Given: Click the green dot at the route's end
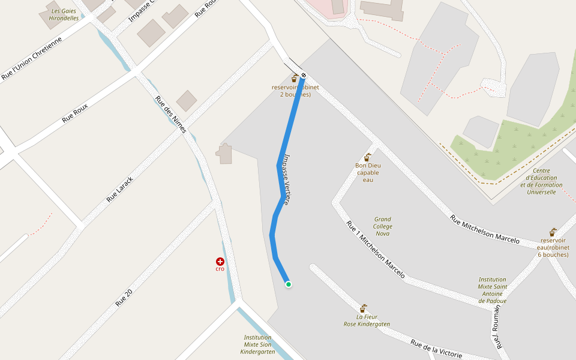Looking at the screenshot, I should (x=289, y=284).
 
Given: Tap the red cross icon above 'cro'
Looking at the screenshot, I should (x=220, y=261).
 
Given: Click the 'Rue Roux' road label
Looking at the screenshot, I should (x=75, y=113).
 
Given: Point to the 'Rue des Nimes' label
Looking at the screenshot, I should (x=171, y=114).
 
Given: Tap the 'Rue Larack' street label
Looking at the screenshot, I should (x=119, y=189).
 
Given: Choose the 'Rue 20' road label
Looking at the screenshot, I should (x=124, y=296).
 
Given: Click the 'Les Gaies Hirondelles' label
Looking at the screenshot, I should (x=64, y=14).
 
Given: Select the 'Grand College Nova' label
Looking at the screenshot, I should (x=382, y=226).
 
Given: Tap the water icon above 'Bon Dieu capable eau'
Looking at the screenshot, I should (x=368, y=157).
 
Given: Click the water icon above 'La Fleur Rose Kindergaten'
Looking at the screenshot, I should (x=363, y=308).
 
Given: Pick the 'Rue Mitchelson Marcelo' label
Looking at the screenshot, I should (x=485, y=229).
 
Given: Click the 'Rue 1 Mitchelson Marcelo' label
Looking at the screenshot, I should (x=376, y=249).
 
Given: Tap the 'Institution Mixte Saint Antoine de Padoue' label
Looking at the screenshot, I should (x=492, y=290).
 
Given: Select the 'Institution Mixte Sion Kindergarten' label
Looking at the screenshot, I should (x=258, y=344).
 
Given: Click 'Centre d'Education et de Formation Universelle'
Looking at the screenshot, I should (x=541, y=181).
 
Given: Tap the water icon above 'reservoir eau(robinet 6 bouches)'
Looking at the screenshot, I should (x=553, y=232).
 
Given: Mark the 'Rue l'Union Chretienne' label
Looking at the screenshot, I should (x=32, y=59).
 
